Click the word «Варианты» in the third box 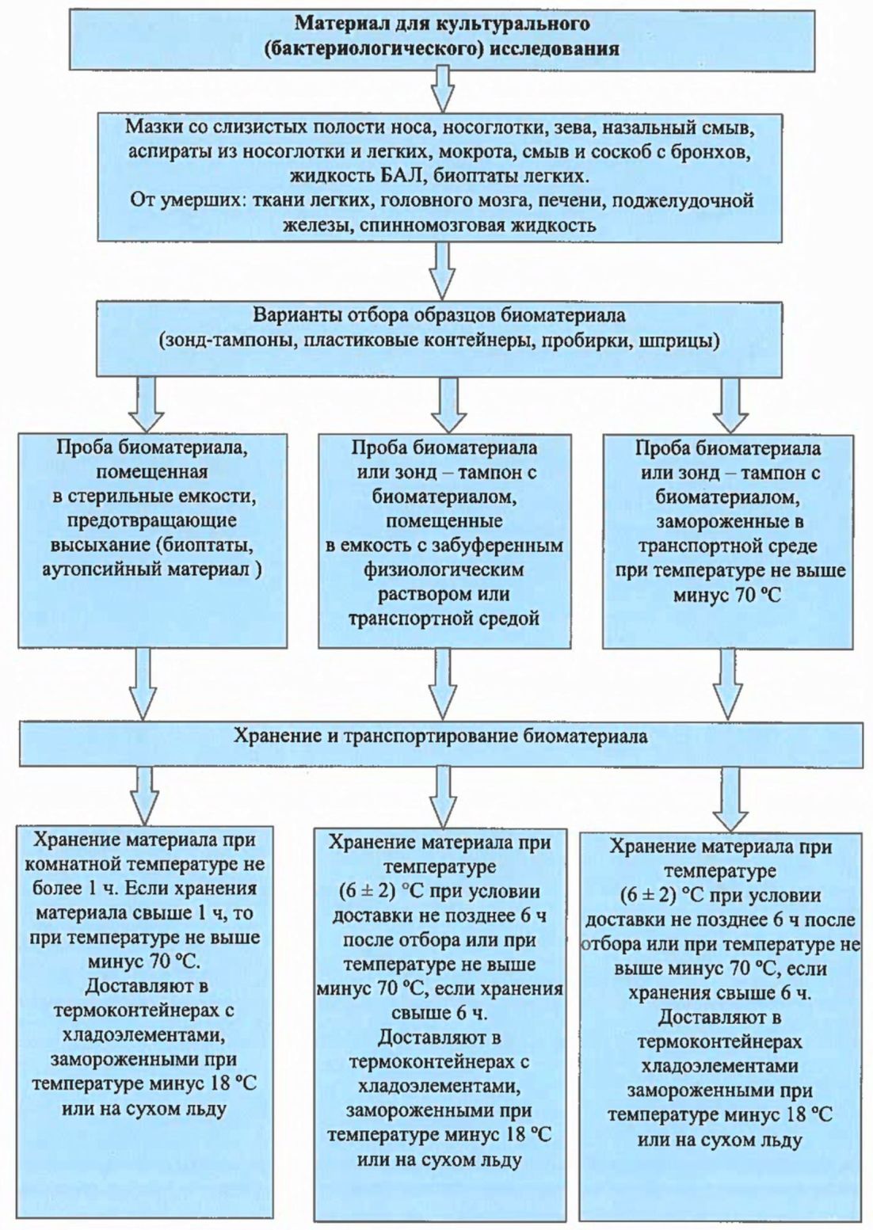tap(295, 317)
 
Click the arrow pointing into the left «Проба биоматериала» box tap(147, 406)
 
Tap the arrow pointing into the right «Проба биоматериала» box tap(730, 406)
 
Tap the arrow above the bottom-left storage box tap(147, 797)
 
